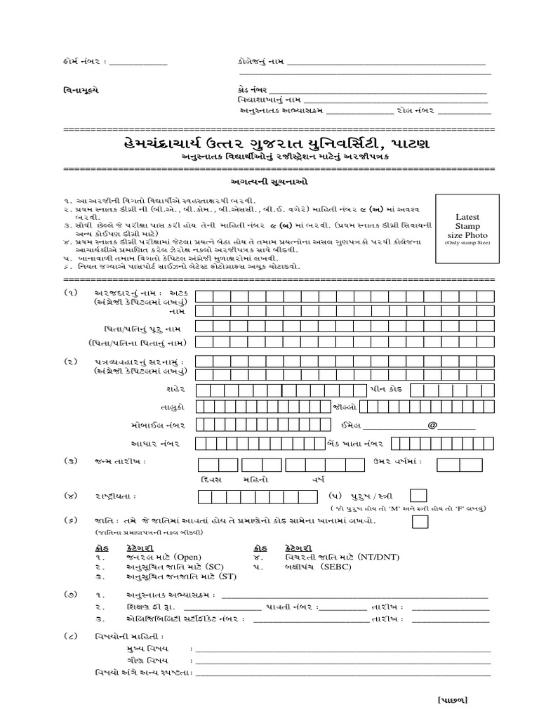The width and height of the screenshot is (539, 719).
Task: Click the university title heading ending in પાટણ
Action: click(270, 144)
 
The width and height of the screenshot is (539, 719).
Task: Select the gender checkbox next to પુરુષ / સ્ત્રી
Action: click(418, 496)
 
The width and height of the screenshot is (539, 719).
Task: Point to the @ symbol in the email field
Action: click(432, 424)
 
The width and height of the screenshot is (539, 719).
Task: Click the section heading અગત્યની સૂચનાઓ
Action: click(270, 181)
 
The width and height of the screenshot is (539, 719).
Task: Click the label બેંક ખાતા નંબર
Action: click(357, 444)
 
